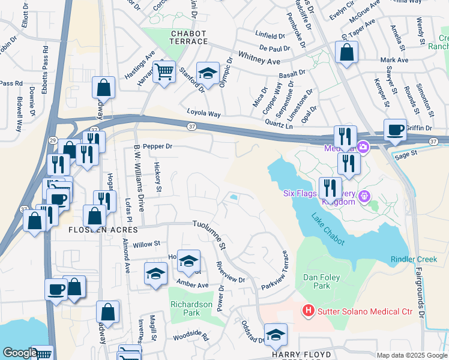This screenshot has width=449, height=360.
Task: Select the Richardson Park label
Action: click(x=191, y=308)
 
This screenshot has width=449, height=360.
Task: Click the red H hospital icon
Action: click(x=309, y=310)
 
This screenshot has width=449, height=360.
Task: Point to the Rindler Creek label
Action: click(x=414, y=259)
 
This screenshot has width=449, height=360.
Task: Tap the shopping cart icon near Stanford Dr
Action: click(x=164, y=74)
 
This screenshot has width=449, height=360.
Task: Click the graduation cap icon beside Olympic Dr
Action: click(x=208, y=75)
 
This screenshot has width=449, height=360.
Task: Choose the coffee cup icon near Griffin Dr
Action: click(x=396, y=131)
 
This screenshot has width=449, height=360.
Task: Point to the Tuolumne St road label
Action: click(x=209, y=234)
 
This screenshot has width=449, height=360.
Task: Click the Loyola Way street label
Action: click(x=204, y=113)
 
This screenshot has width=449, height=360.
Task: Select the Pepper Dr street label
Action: click(x=158, y=146)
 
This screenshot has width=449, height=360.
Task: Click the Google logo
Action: click(x=20, y=353)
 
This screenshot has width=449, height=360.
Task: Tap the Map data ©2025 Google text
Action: click(x=411, y=355)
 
